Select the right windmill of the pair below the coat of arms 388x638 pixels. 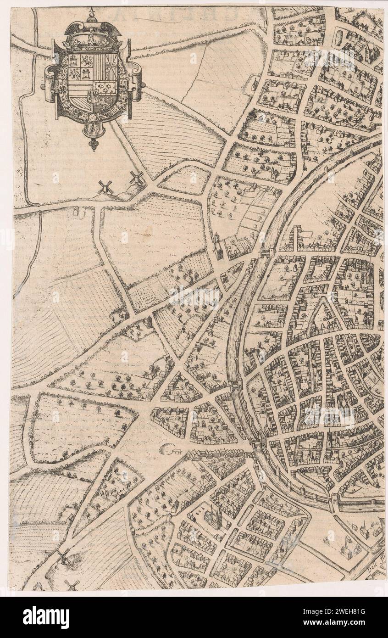136,178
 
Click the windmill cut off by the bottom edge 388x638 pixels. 72,584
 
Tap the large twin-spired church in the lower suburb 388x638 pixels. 213,516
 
